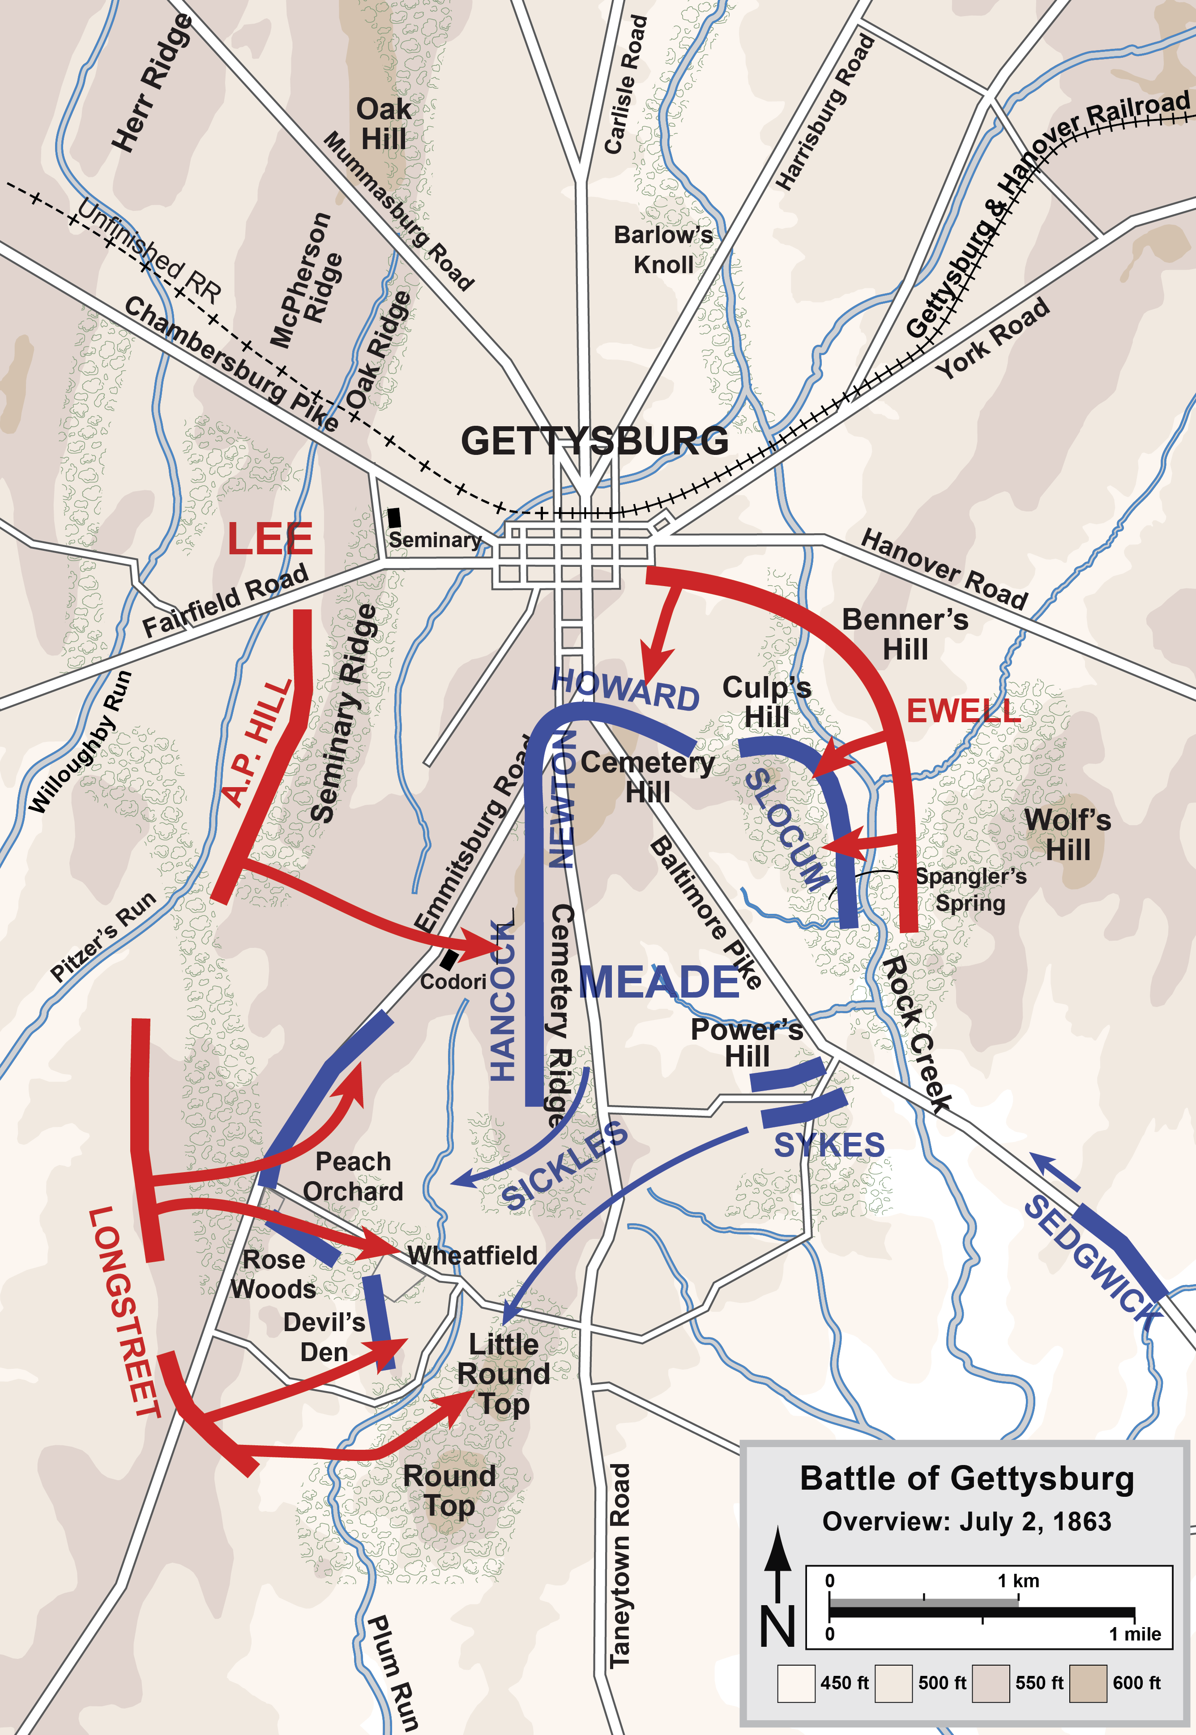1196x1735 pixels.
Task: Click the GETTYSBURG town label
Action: [x=594, y=441]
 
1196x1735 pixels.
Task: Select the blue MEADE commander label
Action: [x=659, y=982]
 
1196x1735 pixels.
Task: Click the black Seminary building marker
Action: [x=394, y=517]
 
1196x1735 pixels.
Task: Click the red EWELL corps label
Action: [x=963, y=711]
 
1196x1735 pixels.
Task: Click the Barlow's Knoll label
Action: [x=663, y=249]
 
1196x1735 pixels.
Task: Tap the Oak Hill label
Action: [x=383, y=124]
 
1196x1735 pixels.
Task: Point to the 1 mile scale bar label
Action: [x=1135, y=1634]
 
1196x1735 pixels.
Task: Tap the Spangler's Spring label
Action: [x=970, y=890]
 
